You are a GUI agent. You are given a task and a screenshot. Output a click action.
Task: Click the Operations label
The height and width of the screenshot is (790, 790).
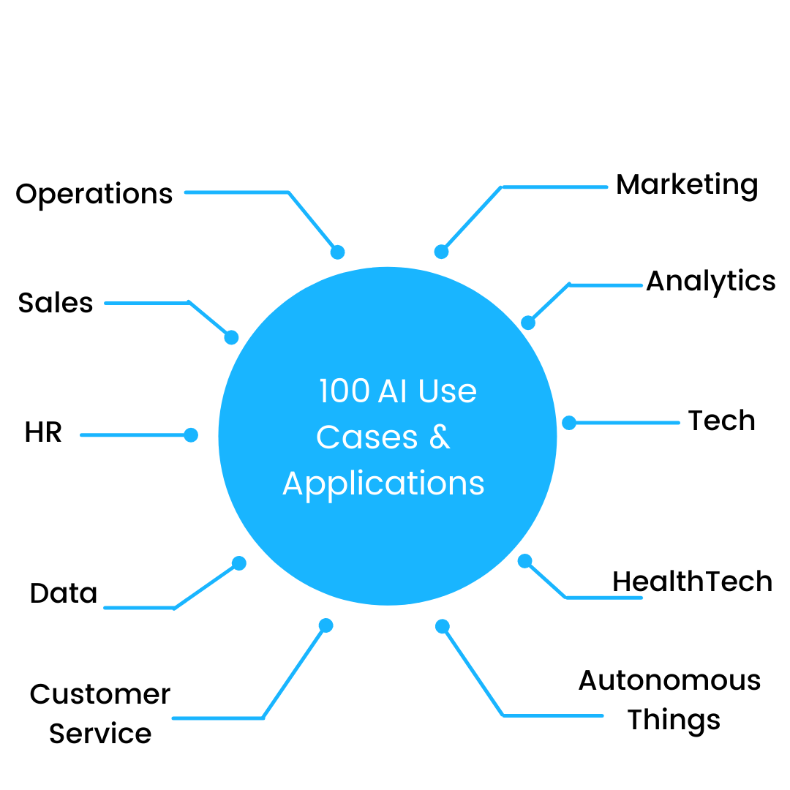94,195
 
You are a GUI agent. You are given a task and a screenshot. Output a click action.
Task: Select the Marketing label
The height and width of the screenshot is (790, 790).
687,185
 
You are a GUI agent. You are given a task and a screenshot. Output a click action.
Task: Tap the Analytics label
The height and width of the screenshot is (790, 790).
711,282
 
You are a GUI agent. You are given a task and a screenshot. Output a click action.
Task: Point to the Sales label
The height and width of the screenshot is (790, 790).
56,303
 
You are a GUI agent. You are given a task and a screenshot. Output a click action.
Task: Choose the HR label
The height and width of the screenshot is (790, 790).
43,432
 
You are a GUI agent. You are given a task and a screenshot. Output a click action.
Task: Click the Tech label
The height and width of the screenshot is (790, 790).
721,421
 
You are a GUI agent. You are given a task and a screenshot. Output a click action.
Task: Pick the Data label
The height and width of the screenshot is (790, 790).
64,593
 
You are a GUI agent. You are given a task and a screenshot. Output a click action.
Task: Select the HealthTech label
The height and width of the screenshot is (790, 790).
692,582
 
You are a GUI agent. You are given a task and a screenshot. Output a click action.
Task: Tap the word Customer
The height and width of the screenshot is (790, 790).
100,694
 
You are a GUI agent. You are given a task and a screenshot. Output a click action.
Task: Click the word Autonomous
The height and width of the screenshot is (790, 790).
669,681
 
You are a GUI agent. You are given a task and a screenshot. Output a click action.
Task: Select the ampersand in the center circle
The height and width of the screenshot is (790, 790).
440,437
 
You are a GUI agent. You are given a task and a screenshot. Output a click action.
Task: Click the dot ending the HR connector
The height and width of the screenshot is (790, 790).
191,434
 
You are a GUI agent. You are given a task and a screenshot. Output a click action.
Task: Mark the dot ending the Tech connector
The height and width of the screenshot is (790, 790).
569,423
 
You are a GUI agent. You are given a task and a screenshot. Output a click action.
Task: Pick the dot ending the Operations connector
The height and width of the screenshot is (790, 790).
337,252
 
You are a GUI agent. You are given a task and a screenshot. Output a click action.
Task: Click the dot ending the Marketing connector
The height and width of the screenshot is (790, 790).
441,252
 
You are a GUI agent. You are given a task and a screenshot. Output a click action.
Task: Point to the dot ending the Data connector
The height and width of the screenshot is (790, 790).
238,563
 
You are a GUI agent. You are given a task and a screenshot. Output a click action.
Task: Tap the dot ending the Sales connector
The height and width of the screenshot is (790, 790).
231,337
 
